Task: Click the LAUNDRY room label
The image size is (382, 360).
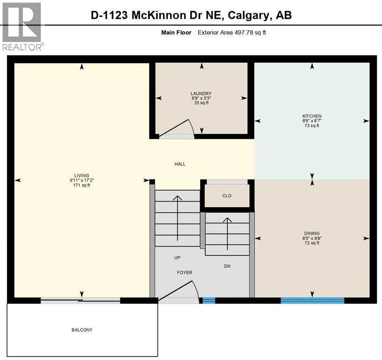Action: tap(201, 93)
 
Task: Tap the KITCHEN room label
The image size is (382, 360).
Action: tap(312, 116)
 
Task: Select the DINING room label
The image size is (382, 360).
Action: tap(312, 233)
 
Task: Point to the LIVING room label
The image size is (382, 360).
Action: tap(81, 175)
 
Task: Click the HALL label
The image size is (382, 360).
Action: tap(180, 164)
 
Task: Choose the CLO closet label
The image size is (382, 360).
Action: tap(227, 196)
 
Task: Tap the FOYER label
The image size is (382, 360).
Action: tap(184, 272)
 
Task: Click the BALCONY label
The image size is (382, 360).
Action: tap(82, 330)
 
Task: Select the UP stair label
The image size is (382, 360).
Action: tap(177, 258)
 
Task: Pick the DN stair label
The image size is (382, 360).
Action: tap(227, 266)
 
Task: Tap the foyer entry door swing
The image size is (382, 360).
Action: tap(180, 290)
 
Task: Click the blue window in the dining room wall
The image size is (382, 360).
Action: tap(312, 300)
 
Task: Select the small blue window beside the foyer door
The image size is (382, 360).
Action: tap(208, 300)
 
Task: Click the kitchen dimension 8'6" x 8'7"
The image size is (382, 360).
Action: tap(312, 121)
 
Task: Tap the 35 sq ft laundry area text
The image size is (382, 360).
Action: tap(201, 103)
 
